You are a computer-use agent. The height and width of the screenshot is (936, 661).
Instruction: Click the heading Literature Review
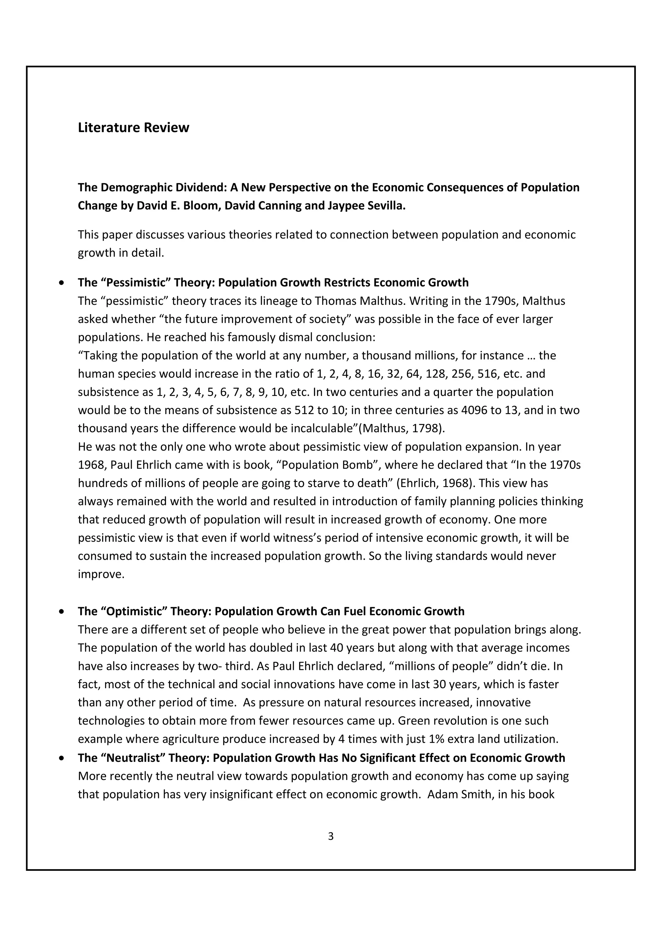[133, 128]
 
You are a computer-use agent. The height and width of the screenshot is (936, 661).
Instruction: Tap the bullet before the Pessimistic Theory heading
[62, 283]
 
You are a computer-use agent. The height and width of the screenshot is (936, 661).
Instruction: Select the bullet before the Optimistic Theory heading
[62, 611]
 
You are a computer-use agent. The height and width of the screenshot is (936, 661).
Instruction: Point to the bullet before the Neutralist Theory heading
[62, 758]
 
